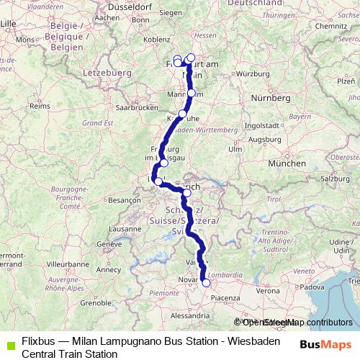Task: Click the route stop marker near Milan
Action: coord(206,283)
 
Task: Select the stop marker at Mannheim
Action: coord(192,93)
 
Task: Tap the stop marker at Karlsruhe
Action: coord(183,114)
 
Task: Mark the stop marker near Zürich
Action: coord(186,193)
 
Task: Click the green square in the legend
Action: coord(9,343)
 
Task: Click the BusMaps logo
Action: coord(325,343)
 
